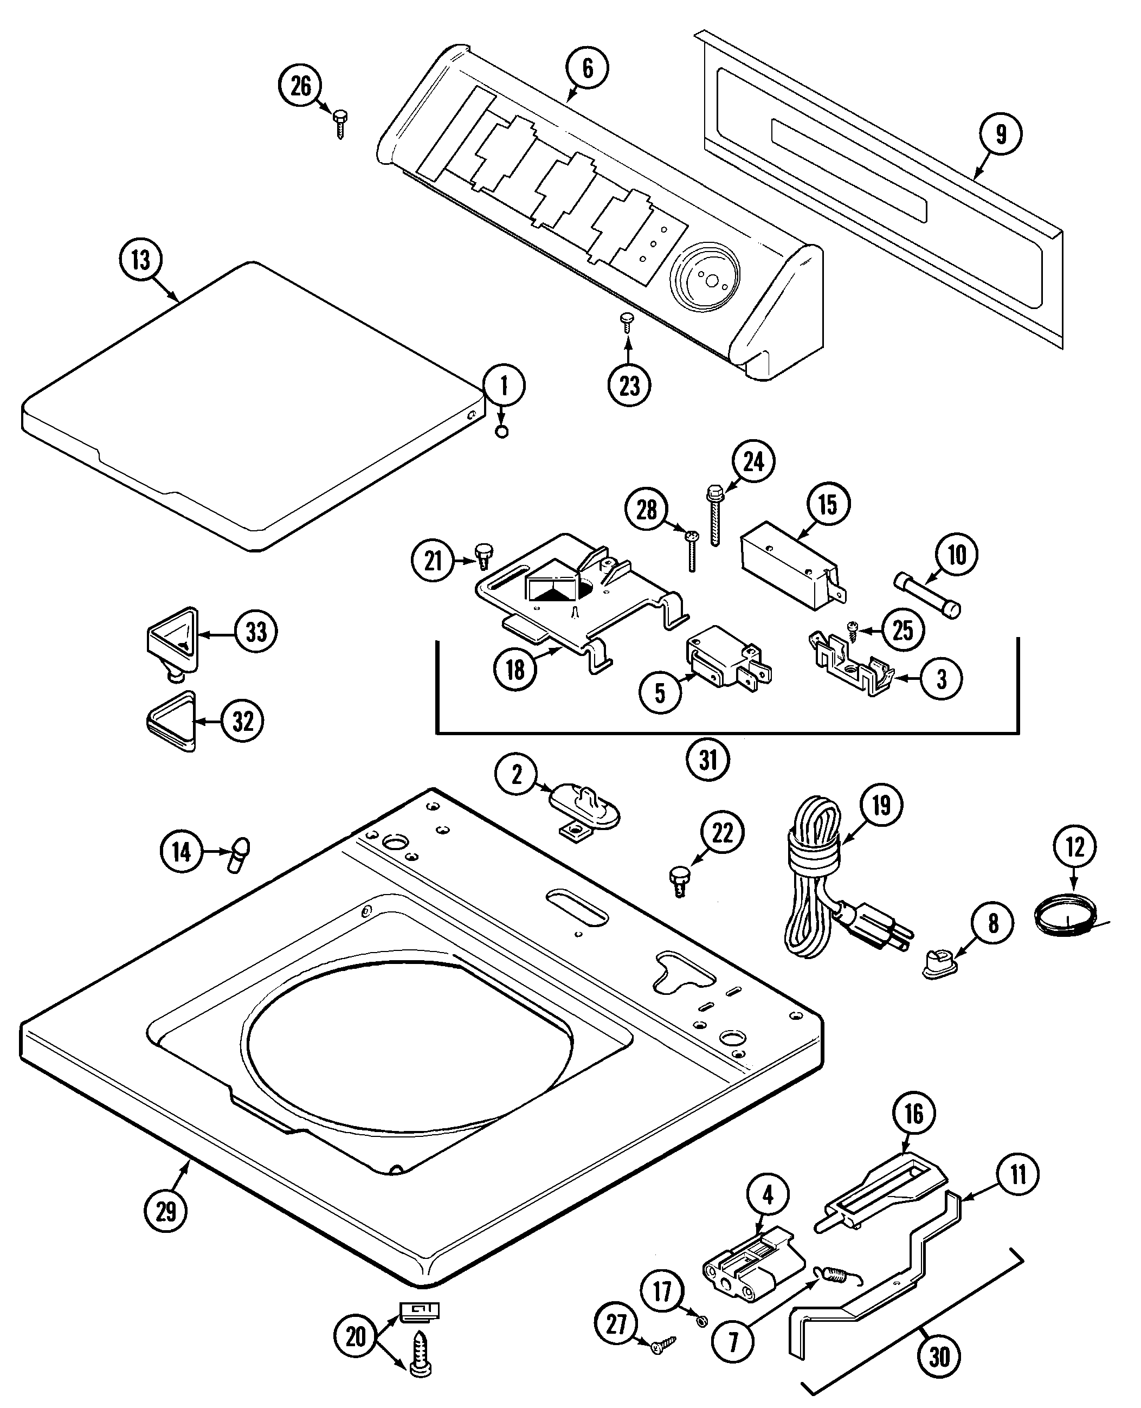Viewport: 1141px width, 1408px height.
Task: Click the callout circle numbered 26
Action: pyautogui.click(x=300, y=86)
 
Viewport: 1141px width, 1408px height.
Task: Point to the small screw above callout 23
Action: pyautogui.click(x=627, y=322)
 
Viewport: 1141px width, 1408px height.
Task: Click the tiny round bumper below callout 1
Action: pyautogui.click(x=501, y=432)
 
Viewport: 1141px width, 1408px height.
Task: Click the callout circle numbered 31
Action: pyautogui.click(x=708, y=761)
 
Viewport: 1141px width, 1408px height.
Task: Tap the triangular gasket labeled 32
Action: pyautogui.click(x=171, y=721)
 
